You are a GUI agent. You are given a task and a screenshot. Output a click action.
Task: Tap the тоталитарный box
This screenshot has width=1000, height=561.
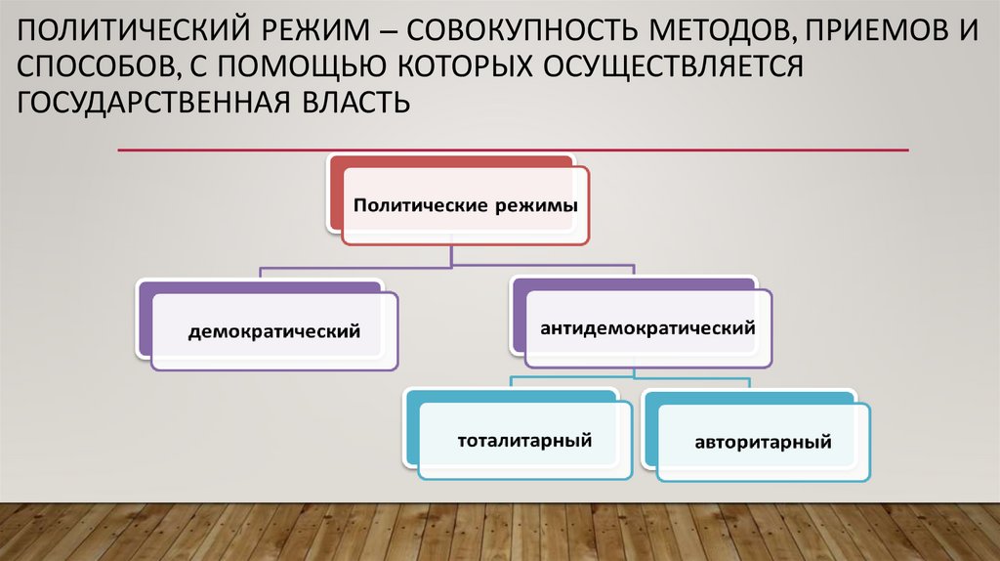coord(524,440)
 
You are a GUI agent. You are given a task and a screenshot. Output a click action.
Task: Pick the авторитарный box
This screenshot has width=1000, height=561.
coord(763,442)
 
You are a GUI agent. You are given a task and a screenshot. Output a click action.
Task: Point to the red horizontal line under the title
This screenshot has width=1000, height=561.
coord(513,151)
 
